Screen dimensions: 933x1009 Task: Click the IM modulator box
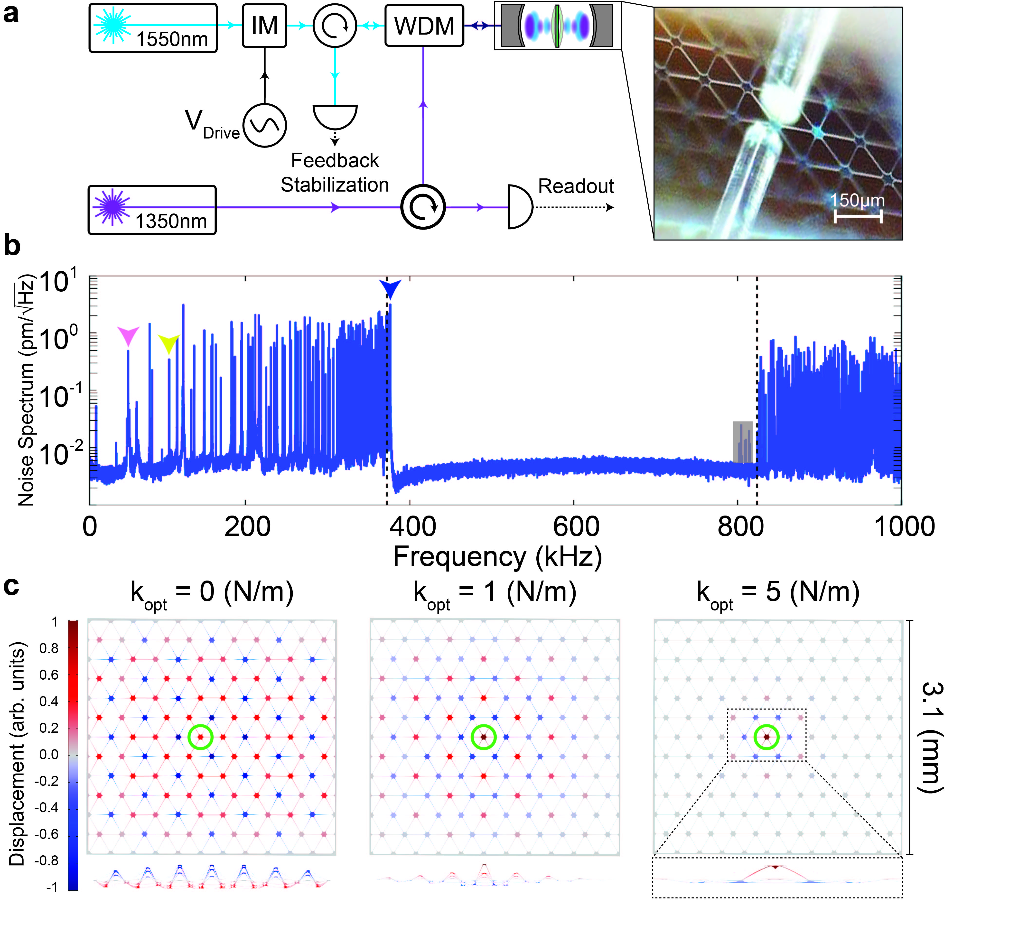[264, 25]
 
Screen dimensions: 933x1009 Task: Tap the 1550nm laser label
[172, 39]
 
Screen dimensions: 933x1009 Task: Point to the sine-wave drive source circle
[265, 125]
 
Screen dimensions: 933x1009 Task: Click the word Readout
[576, 186]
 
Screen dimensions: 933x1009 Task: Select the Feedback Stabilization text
[335, 173]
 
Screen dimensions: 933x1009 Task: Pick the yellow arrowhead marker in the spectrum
[169, 343]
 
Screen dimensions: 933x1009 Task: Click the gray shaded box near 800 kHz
[742, 442]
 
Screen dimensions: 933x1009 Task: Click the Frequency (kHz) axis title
[497, 557]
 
